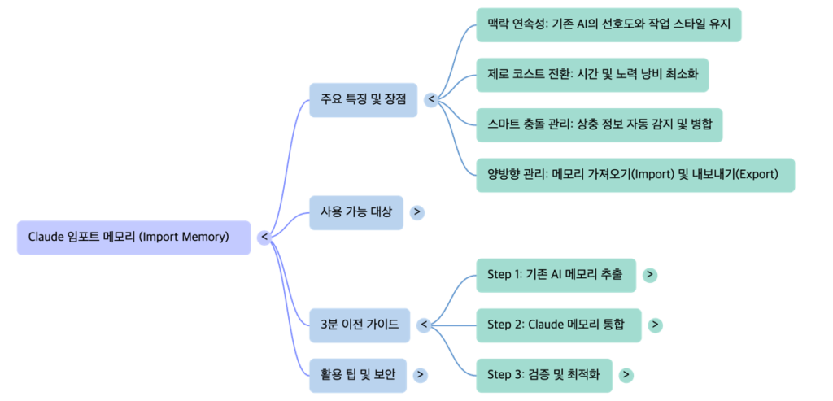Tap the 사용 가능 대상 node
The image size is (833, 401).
pyautogui.click(x=355, y=212)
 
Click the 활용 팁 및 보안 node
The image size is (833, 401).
pyautogui.click(x=357, y=374)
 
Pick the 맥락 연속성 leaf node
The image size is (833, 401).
pyautogui.click(x=608, y=25)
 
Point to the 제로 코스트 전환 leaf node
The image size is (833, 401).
pyautogui.click(x=592, y=75)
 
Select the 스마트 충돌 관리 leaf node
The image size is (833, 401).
pyautogui.click(x=600, y=124)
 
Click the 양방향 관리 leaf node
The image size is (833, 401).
pyautogui.click(x=635, y=174)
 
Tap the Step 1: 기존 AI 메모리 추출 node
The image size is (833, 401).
pyautogui.click(x=556, y=275)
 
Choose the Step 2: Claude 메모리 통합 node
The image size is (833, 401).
pyautogui.click(x=558, y=325)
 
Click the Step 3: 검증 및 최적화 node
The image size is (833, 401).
pyautogui.click(x=543, y=374)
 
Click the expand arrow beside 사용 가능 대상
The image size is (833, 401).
pyautogui.click(x=417, y=212)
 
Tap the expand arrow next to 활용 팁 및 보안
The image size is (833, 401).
pyautogui.click(x=420, y=374)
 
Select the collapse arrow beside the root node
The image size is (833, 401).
pyautogui.click(x=264, y=237)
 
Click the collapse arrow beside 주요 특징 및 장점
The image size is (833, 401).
pyautogui.click(x=431, y=100)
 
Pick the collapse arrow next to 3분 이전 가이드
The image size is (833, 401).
pyautogui.click(x=423, y=325)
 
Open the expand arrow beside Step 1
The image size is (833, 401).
pyautogui.click(x=650, y=275)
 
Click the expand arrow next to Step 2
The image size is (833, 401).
pyautogui.click(x=656, y=325)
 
